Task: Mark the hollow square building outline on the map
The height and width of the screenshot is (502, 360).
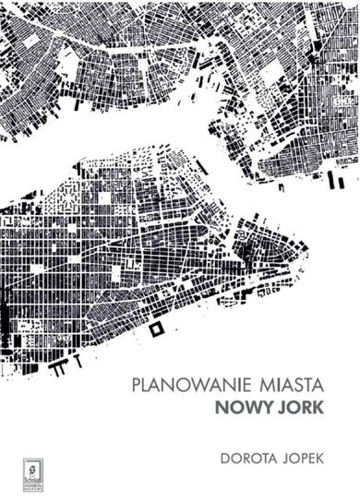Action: (x=157, y=328)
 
